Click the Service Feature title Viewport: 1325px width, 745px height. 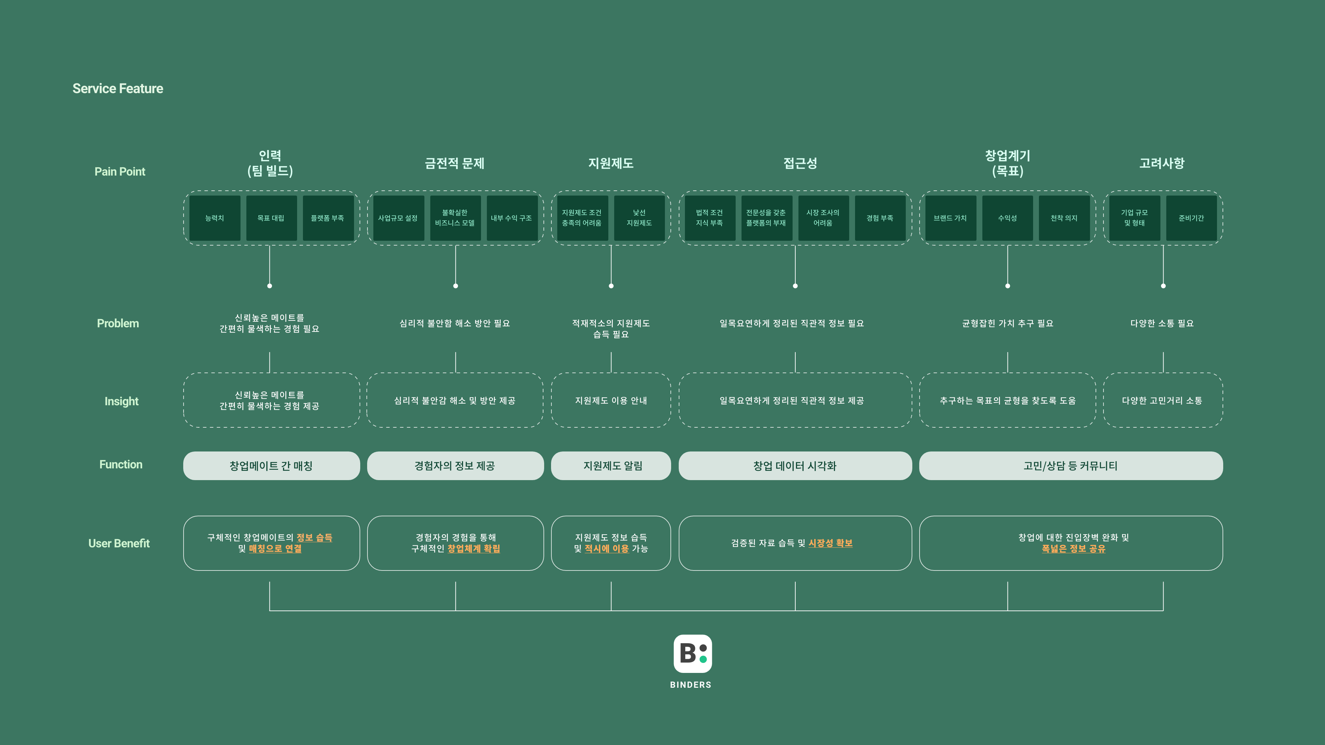118,88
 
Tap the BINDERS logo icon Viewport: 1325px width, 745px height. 692,654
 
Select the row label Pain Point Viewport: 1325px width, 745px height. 120,172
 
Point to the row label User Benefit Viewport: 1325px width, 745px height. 119,544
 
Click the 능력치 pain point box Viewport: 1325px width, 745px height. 215,218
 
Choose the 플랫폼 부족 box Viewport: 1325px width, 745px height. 328,218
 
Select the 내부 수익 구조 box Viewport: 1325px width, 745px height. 511,218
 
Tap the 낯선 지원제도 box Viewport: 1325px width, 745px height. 639,218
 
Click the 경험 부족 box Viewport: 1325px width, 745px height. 880,218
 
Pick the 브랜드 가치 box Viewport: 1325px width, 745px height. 950,218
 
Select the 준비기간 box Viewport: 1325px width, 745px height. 1191,218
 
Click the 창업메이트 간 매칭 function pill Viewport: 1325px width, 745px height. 271,466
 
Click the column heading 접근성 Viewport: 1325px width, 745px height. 800,163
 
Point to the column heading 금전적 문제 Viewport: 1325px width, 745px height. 455,163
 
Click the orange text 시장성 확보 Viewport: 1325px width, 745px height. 830,543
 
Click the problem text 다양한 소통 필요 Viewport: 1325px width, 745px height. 1162,324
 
